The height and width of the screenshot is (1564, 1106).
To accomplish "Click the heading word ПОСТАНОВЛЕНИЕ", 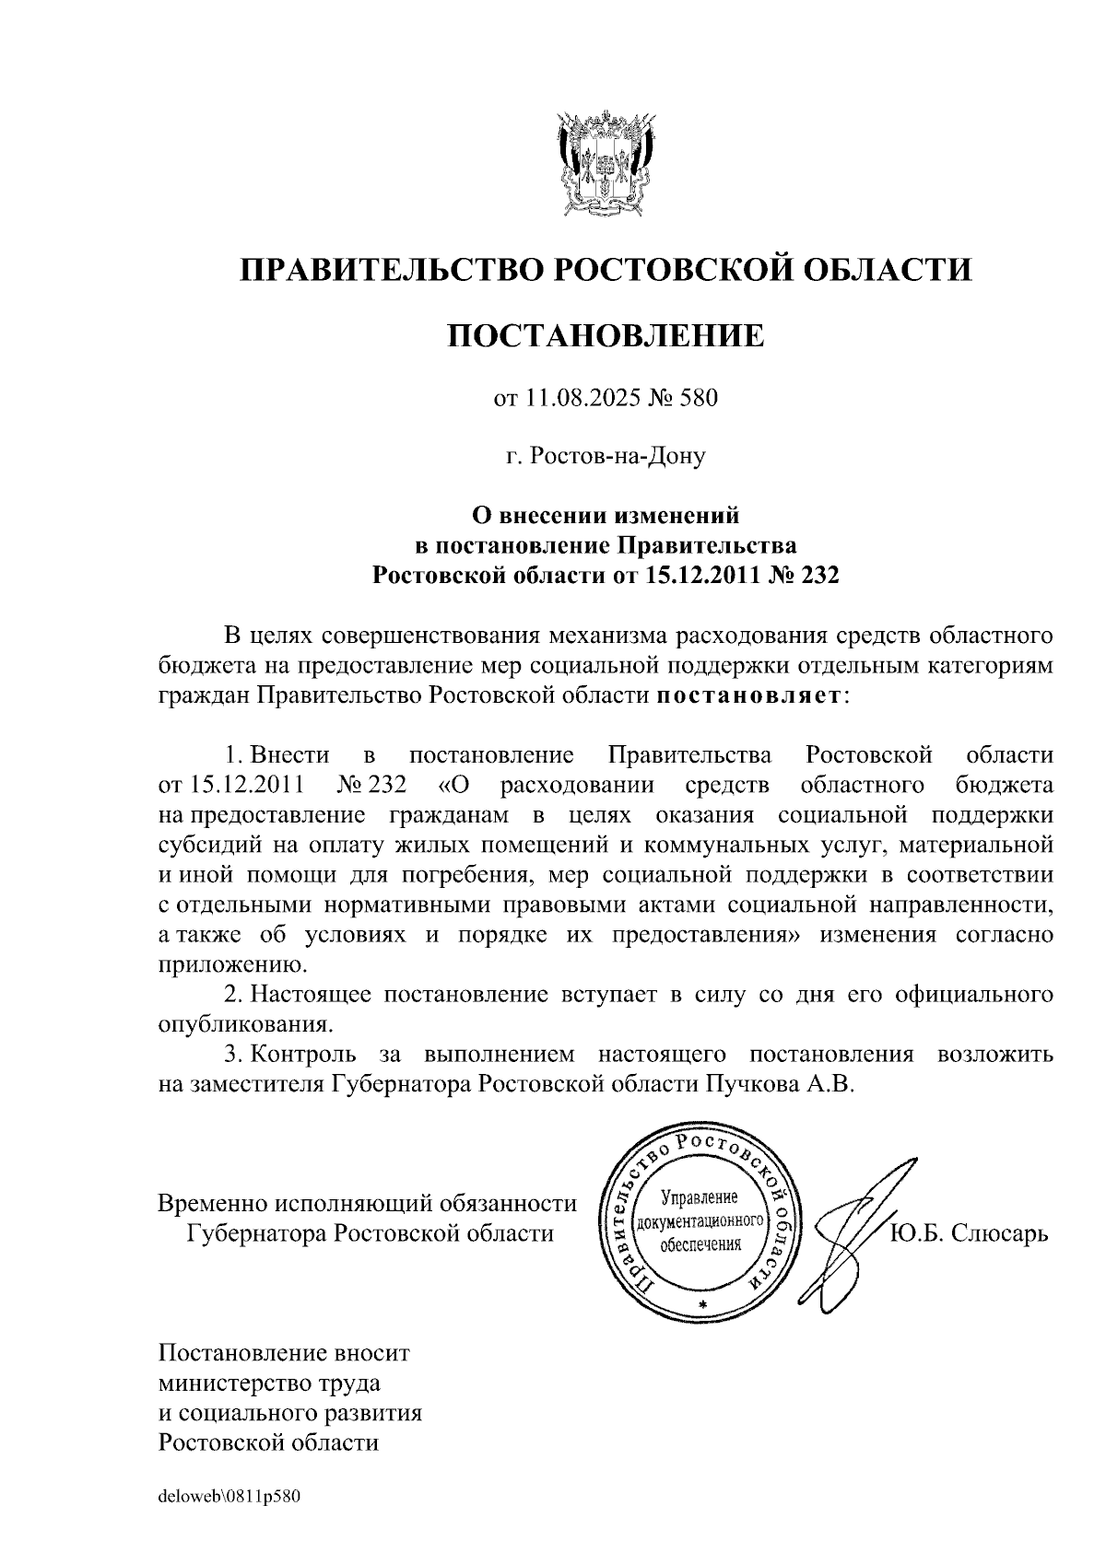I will (606, 335).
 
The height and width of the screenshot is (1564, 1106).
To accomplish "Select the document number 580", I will (698, 399).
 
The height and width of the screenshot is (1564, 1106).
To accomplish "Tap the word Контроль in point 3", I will (304, 1054).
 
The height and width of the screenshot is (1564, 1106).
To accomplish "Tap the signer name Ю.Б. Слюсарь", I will (969, 1232).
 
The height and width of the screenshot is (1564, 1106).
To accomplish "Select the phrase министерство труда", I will (270, 1383).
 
